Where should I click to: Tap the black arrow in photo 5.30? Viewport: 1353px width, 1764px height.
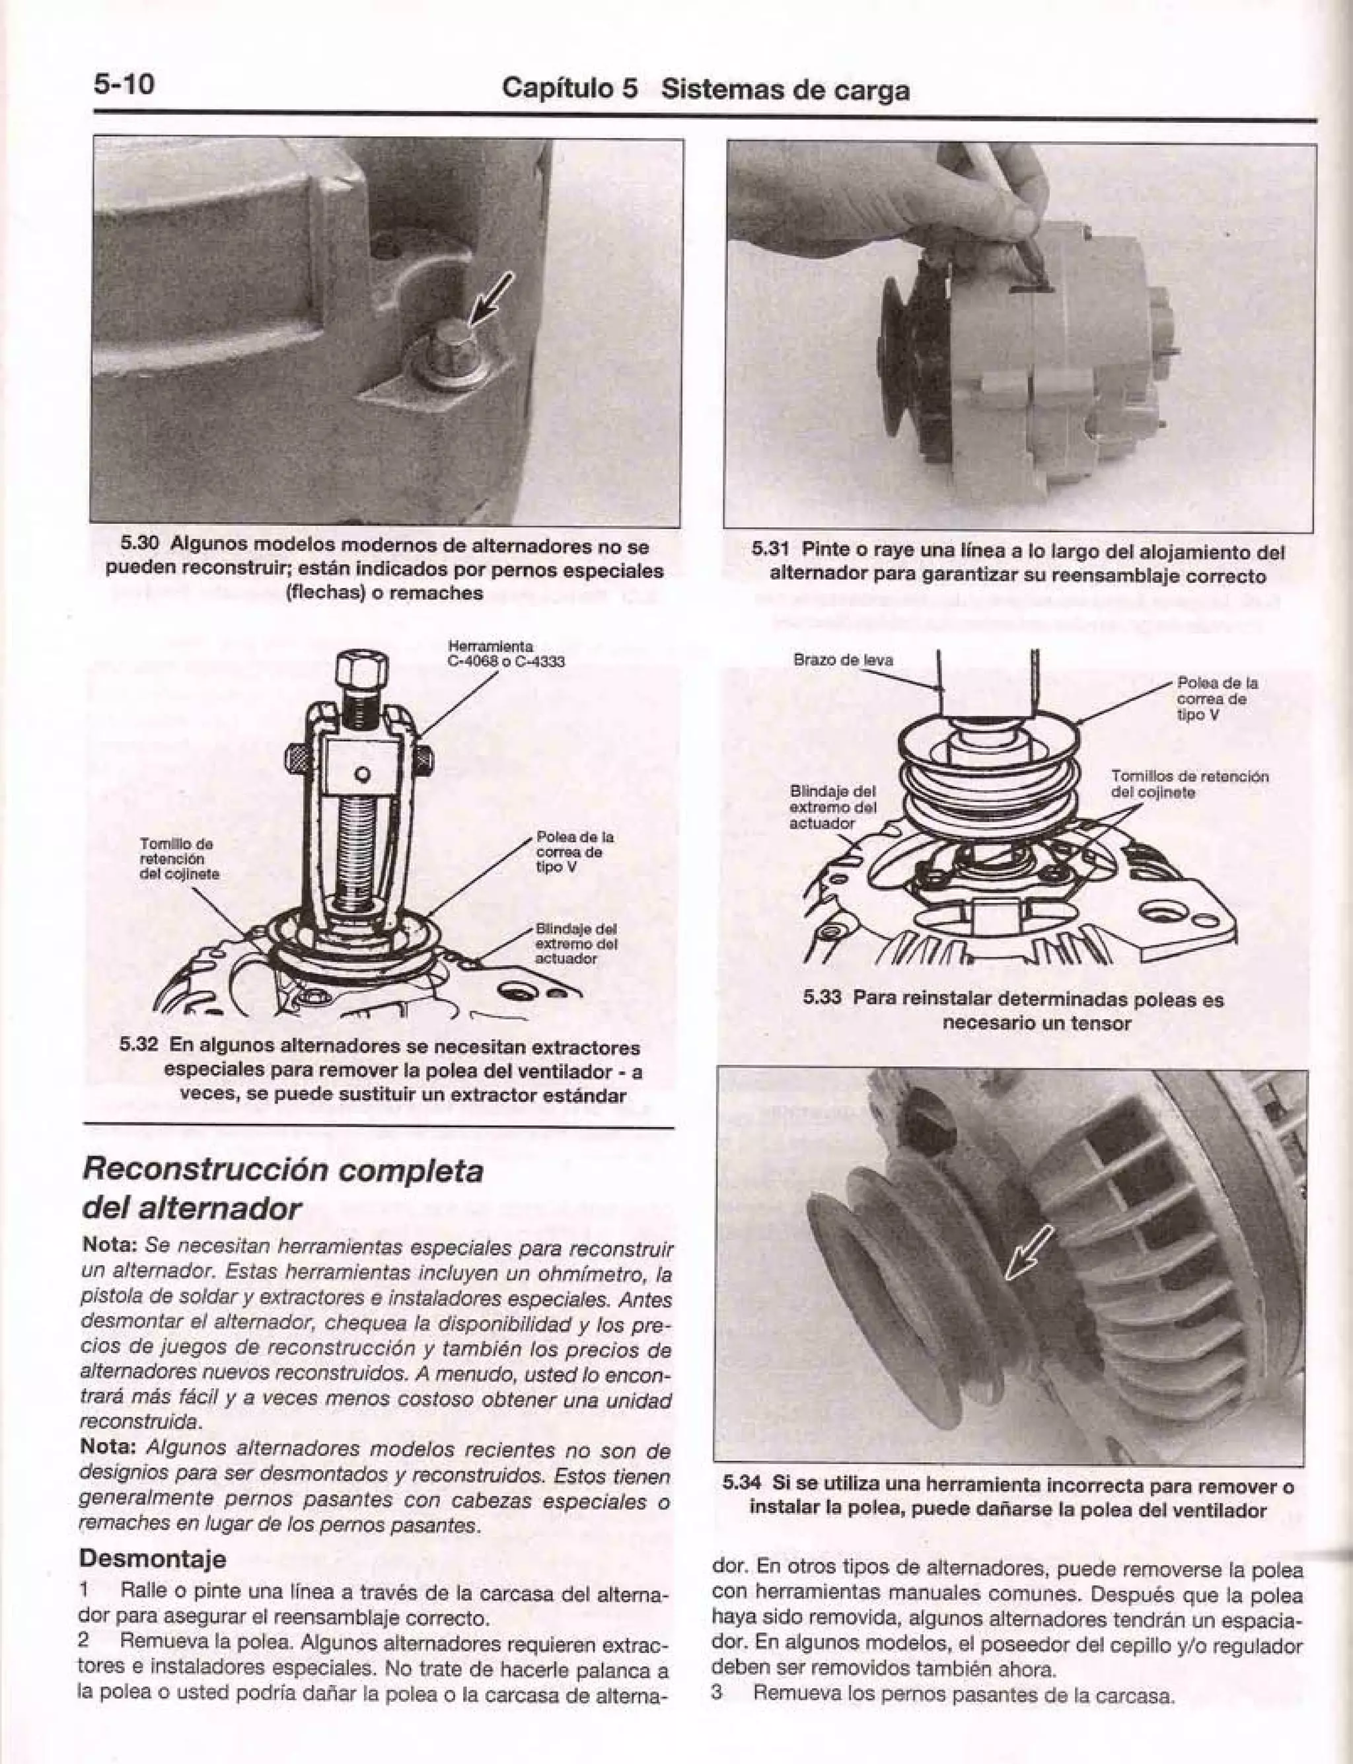492,297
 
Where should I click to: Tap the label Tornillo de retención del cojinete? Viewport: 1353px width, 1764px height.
176,859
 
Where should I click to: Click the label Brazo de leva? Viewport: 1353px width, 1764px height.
843,660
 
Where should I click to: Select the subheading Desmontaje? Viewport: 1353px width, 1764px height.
152,1558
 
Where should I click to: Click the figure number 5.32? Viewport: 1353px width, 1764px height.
139,1047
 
